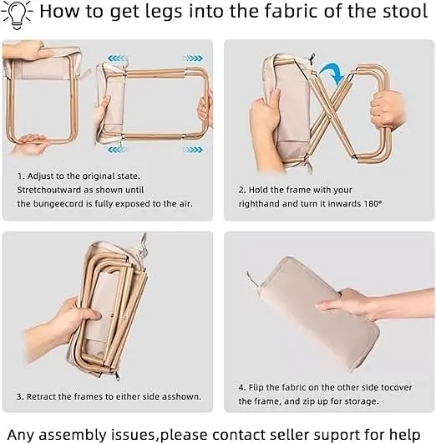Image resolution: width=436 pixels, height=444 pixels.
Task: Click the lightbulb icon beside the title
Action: (x=17, y=16)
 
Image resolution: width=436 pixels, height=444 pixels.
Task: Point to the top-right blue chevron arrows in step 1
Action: (x=194, y=59)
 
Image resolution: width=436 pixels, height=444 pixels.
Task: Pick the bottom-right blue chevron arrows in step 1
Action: (x=194, y=149)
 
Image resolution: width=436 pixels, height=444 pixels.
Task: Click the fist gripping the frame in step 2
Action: (x=388, y=110)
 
